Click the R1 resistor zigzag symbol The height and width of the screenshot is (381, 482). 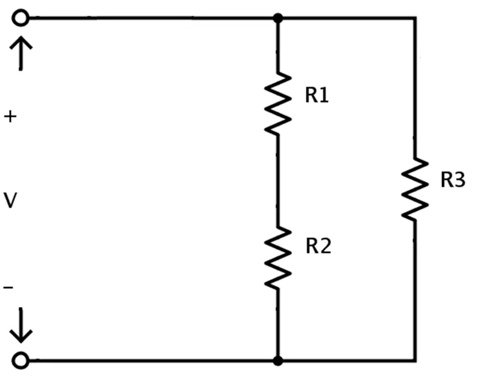pos(278,103)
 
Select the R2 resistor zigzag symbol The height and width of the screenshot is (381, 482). pos(278,258)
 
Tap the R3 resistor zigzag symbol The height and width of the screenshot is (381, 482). pos(415,189)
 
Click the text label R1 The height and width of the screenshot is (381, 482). pos(317,95)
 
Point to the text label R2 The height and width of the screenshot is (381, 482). pos(318,246)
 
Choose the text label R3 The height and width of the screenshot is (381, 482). pos(453,180)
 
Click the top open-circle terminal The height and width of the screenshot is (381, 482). pos(21,18)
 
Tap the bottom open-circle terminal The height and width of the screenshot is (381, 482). pos(21,360)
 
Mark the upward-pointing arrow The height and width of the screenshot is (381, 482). pos(21,53)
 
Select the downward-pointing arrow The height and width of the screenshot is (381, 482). pos(21,325)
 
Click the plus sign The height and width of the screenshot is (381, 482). pos(10,117)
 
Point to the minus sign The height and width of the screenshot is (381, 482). pos(8,288)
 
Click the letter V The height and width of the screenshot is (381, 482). pos(10,200)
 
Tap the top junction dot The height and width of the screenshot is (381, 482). pos(278,18)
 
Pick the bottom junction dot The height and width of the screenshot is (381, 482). pos(278,361)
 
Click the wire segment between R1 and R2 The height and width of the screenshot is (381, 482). pos(278,181)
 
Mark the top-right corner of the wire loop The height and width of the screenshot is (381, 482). pos(415,18)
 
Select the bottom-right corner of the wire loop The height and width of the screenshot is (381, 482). pos(415,360)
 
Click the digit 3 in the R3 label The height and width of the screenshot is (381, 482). pos(460,180)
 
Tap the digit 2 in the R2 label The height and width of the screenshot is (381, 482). pos(326,246)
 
